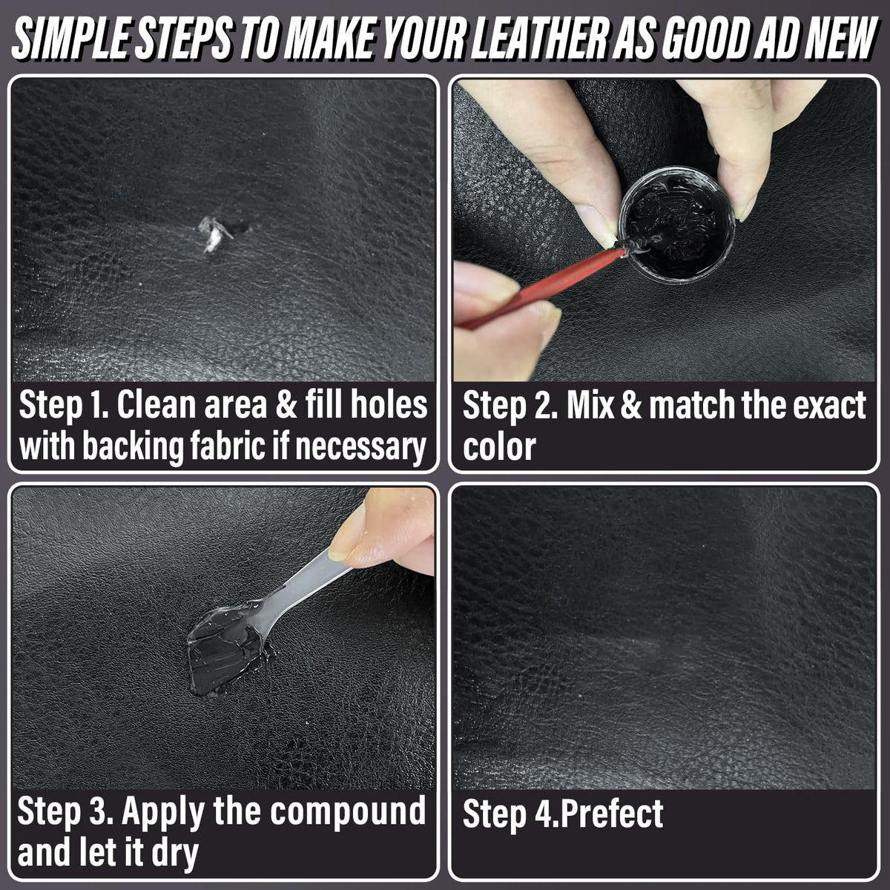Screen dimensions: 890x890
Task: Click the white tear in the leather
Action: (x=215, y=234)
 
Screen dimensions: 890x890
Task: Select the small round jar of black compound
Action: (x=676, y=223)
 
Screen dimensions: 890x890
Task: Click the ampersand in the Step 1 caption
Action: (x=286, y=405)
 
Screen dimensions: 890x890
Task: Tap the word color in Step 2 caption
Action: (x=499, y=446)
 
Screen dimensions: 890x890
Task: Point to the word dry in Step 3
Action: (x=175, y=854)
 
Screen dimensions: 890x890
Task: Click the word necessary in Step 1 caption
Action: (x=360, y=447)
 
